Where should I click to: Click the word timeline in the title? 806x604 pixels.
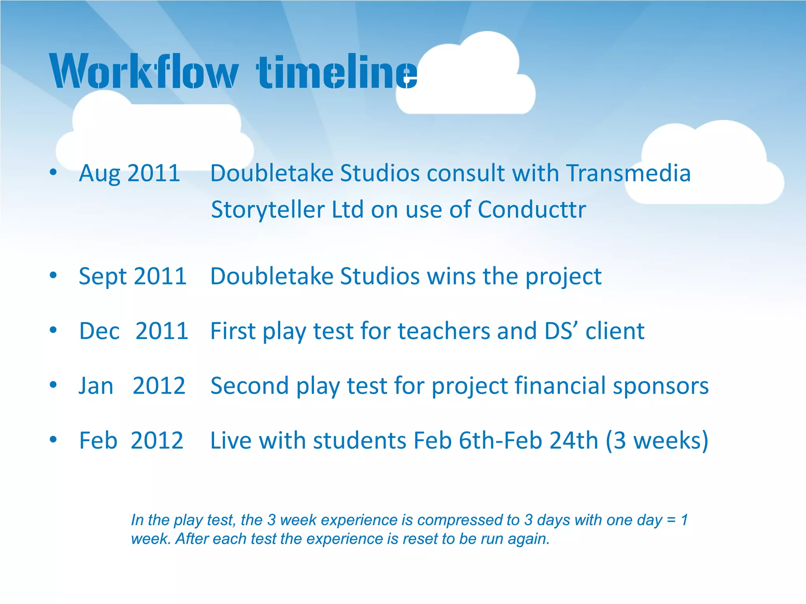(336, 72)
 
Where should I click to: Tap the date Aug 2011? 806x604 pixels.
(129, 173)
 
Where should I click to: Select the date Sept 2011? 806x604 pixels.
(133, 276)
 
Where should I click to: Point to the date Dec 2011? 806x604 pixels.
(133, 331)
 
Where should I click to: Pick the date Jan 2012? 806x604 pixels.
(132, 386)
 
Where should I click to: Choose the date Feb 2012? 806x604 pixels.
(131, 440)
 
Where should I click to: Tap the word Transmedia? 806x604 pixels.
(628, 173)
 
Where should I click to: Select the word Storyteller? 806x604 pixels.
(267, 210)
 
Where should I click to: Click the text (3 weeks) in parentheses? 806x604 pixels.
(657, 440)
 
